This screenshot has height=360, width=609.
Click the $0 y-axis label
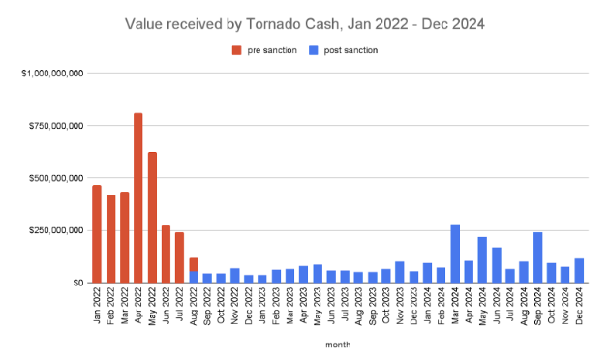point(76,283)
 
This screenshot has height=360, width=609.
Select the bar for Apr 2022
point(138,198)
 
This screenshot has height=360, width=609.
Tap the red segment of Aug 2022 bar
point(194,264)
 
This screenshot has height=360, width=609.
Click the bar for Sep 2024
point(537,257)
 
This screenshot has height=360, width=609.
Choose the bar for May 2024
point(482,259)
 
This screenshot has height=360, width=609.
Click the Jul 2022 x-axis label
point(180,304)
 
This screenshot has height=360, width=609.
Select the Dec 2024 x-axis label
point(579,304)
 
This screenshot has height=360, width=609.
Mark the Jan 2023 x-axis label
point(262,304)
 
